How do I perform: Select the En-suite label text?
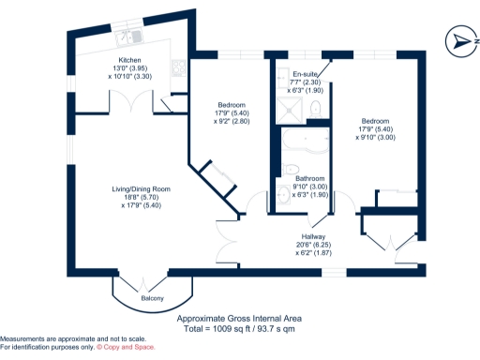point(306,73)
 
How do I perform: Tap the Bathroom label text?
point(309,178)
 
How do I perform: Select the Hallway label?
point(314,236)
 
